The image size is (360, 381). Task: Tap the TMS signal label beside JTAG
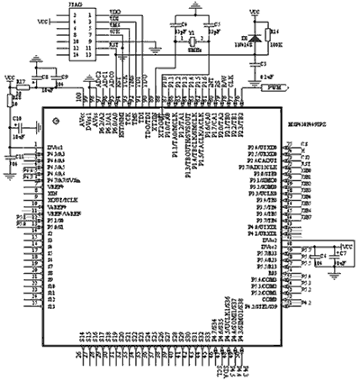112,26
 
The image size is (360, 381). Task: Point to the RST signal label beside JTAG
112,42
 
